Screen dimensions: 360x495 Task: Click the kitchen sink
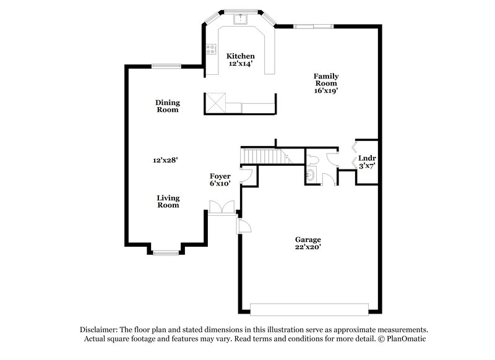click(x=240, y=19)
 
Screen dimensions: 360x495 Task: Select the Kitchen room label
click(x=240, y=56)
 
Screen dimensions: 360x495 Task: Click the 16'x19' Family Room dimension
click(x=325, y=90)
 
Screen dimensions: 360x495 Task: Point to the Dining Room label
click(x=167, y=106)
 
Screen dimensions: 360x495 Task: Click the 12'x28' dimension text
click(x=166, y=160)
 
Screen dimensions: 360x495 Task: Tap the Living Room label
click(x=168, y=202)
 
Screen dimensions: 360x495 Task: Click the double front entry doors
click(x=221, y=207)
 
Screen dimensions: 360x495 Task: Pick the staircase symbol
click(x=265, y=156)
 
